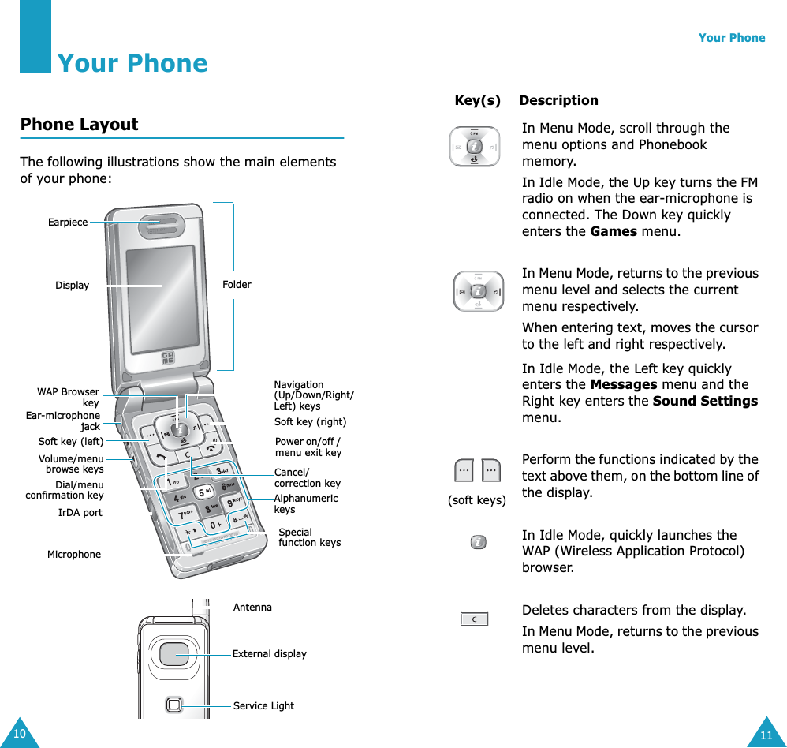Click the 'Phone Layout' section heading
(x=79, y=125)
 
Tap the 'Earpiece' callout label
(x=68, y=223)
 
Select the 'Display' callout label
(x=72, y=286)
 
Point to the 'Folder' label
(x=237, y=285)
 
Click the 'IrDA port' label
(x=80, y=513)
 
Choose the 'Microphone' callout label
(x=74, y=555)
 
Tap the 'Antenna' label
(x=252, y=608)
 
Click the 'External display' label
(x=269, y=654)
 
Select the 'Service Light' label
(x=263, y=706)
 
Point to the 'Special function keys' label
(x=309, y=537)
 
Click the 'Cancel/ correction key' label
(x=307, y=478)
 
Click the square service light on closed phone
(x=174, y=705)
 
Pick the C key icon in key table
(x=475, y=619)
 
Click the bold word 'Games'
(x=614, y=232)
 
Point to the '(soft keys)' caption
(x=476, y=500)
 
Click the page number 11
(x=766, y=736)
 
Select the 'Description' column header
(x=558, y=101)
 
